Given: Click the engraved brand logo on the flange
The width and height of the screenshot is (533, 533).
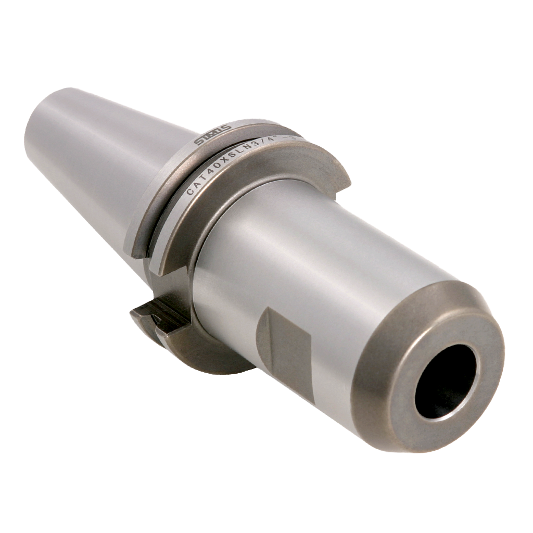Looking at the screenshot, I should (x=212, y=135).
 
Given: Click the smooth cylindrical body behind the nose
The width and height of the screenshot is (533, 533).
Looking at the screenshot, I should (x=323, y=250).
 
